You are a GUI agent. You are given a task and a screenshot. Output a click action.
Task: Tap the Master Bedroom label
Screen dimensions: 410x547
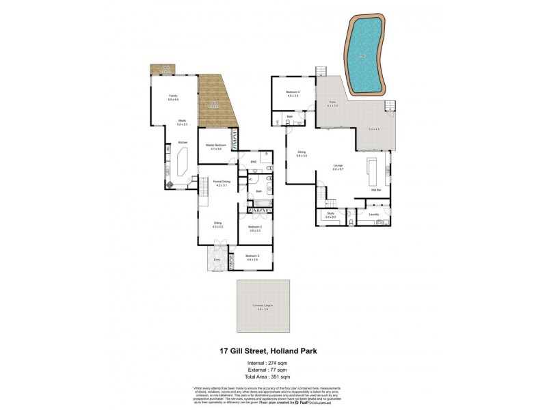[x=214, y=145]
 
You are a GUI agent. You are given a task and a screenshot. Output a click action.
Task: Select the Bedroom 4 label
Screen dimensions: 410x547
[x=293, y=92]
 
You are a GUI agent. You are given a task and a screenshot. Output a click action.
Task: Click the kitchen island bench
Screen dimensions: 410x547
[x=183, y=164]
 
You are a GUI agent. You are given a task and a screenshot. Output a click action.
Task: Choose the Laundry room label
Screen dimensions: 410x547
[x=373, y=215]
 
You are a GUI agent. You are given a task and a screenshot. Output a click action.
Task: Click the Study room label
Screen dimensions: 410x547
[x=330, y=215]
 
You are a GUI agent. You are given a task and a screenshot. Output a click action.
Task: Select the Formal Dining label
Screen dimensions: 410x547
[x=221, y=182]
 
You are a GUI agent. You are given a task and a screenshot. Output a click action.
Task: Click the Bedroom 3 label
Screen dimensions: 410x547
[x=252, y=257]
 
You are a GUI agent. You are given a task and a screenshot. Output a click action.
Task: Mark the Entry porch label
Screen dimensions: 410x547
[x=217, y=259]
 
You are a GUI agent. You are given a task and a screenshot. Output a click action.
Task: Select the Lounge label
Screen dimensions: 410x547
[x=337, y=166]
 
